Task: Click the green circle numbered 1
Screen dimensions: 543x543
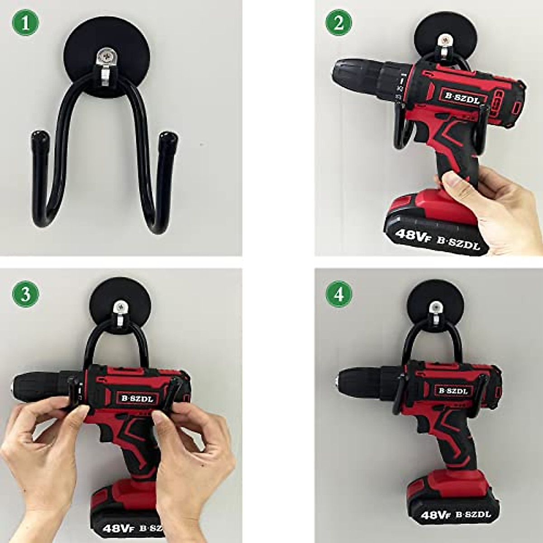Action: point(25,23)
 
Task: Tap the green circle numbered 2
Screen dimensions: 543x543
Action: point(339,23)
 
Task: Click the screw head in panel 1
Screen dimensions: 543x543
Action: point(107,57)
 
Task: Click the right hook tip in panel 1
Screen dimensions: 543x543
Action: point(168,137)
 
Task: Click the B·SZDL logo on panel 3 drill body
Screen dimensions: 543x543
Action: point(137,398)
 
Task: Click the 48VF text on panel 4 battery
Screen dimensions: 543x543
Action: point(435,514)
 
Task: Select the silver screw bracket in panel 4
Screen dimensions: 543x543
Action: point(435,312)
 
